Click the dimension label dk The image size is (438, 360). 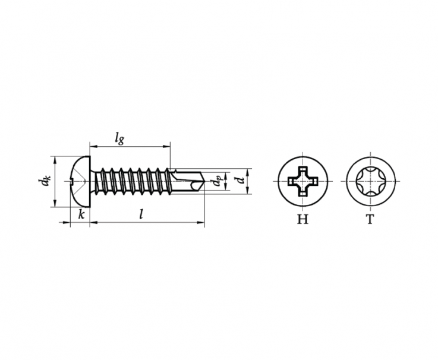tap(44, 181)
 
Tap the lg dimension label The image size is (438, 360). tap(119, 138)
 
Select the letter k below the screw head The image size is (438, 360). tap(81, 215)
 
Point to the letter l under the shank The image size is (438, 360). tap(141, 214)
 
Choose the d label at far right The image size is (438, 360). tap(240, 181)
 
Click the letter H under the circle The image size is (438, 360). tap(302, 219)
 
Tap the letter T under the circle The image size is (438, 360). tap(370, 219)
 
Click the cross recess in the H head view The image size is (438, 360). tap(303, 182)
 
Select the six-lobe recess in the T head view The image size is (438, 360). tap(371, 182)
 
